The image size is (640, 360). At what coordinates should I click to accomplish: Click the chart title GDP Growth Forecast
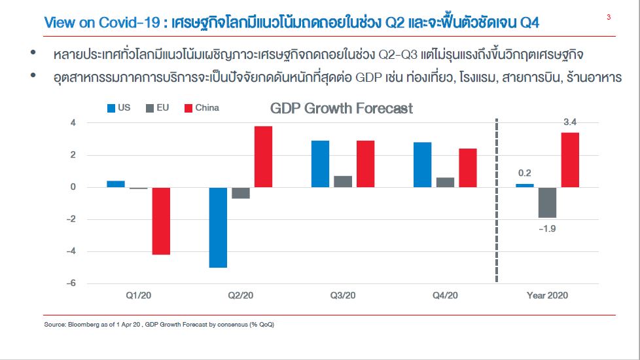point(341,108)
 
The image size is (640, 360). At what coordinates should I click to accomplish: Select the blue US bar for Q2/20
point(218,227)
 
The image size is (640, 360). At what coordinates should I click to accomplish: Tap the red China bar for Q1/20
point(161,221)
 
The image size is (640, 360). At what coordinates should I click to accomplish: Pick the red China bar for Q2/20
point(263,156)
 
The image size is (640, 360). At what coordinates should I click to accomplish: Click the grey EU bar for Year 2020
point(547,202)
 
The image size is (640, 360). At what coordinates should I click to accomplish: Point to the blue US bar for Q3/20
point(320,164)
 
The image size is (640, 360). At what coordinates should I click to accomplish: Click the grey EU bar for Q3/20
point(343,181)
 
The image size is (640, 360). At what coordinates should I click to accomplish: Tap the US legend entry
point(118,107)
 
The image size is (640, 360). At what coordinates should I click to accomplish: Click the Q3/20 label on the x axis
point(343,295)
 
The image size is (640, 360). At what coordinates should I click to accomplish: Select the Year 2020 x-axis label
point(547,295)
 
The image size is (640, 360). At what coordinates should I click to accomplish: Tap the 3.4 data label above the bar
point(570,122)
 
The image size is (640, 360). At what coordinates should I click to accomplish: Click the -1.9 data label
point(546,228)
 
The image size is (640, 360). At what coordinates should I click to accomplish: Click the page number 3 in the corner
point(609,18)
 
